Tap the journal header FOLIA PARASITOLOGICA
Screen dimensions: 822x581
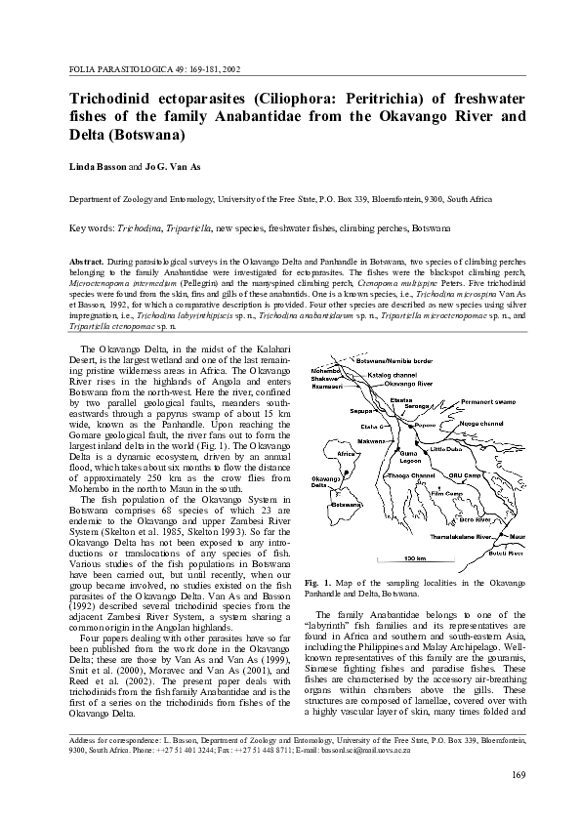116,69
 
